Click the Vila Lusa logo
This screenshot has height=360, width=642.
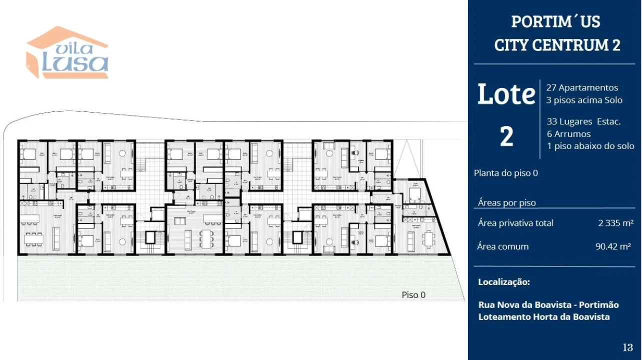point(67,54)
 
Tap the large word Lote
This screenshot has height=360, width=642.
point(506,94)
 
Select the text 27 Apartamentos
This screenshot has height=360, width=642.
point(582,87)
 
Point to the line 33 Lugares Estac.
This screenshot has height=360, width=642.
point(583,121)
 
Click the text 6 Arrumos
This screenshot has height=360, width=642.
point(568,134)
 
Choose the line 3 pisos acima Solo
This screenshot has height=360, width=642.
point(584,100)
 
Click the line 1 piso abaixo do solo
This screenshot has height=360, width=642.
point(590,146)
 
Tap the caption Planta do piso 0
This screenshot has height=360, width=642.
point(506,173)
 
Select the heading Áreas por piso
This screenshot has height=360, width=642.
point(506,202)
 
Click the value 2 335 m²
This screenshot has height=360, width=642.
point(615,223)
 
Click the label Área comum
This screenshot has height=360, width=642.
point(502,246)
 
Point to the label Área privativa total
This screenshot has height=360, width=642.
point(515,223)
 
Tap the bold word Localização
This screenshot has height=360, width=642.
point(503,282)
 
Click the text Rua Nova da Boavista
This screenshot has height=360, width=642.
point(521,305)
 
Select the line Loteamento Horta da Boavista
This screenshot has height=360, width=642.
point(543,317)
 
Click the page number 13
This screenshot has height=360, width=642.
point(627,347)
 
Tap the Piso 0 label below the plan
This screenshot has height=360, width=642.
point(413,295)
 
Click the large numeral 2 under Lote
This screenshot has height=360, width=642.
point(506,136)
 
